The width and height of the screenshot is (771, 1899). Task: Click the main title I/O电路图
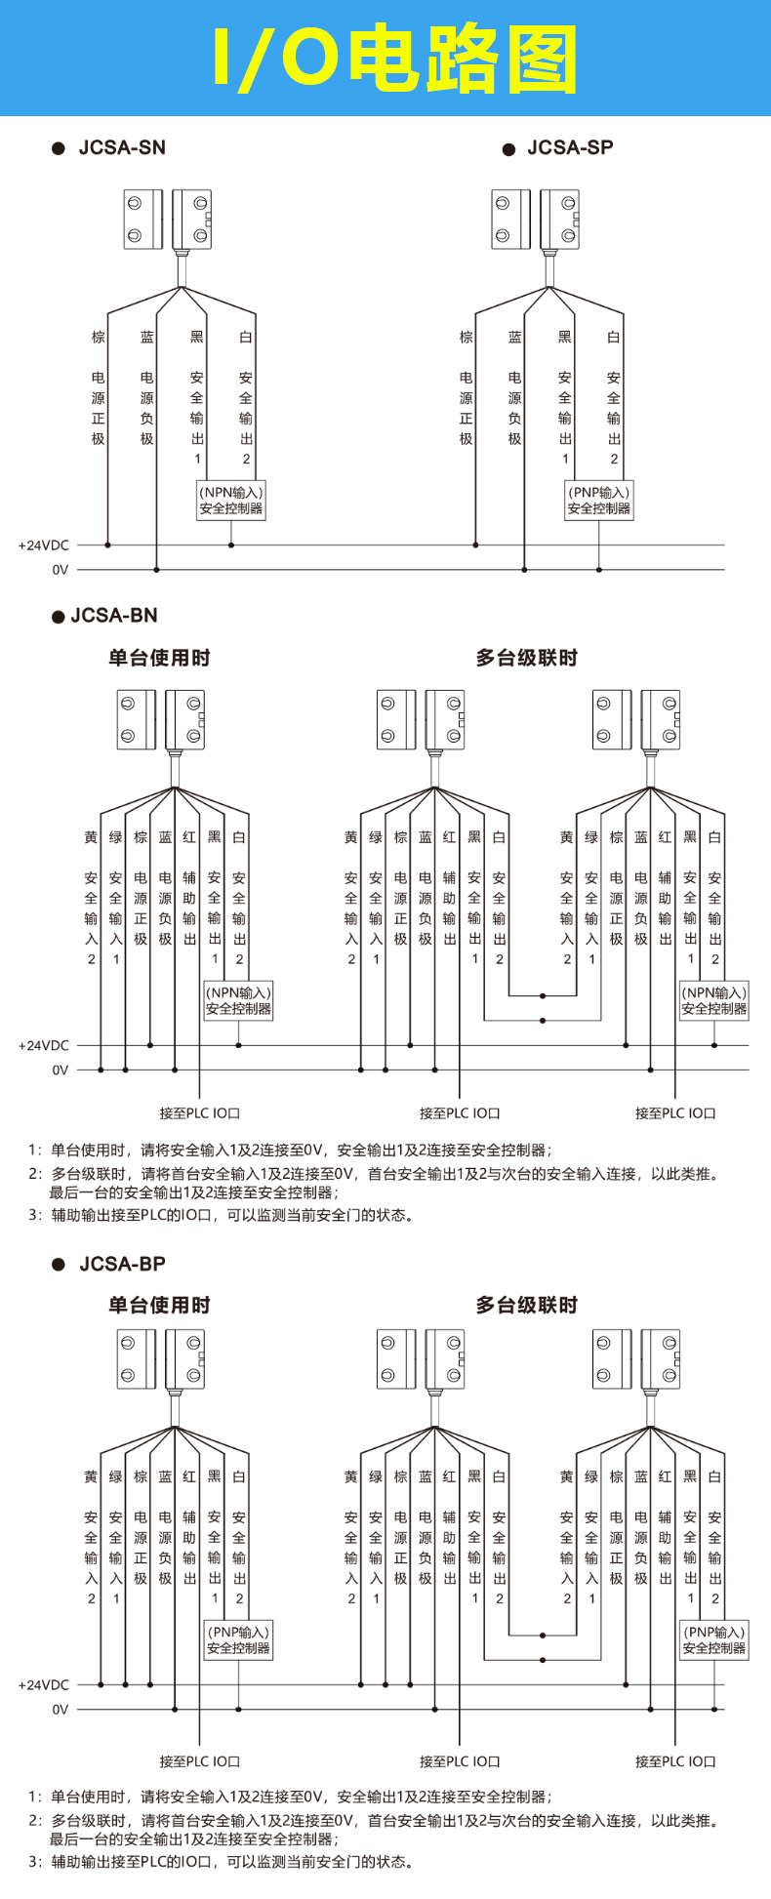tap(394, 59)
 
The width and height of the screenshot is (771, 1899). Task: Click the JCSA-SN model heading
tap(122, 148)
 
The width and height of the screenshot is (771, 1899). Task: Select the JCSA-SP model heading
tap(570, 148)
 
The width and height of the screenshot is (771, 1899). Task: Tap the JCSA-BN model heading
tap(114, 616)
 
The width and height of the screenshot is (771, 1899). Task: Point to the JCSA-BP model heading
tap(122, 1264)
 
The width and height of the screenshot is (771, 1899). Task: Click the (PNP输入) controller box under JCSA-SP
tap(599, 501)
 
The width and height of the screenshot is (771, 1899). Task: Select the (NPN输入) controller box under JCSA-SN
tap(231, 501)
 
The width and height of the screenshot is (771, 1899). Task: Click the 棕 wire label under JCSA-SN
tap(99, 338)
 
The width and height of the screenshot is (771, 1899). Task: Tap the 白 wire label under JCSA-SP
tap(614, 338)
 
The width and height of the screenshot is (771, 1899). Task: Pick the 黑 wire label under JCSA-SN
tap(197, 338)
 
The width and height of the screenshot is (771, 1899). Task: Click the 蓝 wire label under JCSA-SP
tap(515, 338)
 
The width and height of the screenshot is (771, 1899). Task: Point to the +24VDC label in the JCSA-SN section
tap(44, 545)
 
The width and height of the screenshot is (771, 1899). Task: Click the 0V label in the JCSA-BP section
tap(61, 1709)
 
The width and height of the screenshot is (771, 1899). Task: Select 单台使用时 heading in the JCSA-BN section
tap(159, 658)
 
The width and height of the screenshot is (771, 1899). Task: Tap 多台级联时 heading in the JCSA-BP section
tap(526, 1305)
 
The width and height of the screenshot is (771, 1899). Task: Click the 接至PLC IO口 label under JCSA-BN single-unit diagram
tap(200, 1112)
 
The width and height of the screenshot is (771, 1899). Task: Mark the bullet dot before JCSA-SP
tap(508, 149)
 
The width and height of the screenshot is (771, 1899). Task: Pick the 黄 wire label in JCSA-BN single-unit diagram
tap(91, 837)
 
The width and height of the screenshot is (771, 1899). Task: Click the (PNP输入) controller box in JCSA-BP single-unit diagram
tap(239, 1639)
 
